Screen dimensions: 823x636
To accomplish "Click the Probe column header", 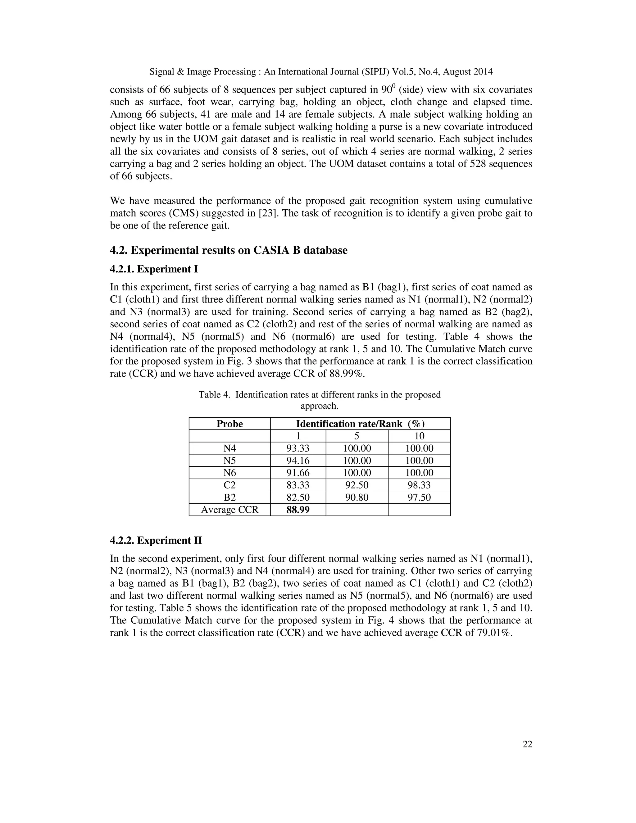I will point(229,424).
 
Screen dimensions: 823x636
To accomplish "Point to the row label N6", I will point(229,473).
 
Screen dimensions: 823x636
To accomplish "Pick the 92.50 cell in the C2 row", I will point(357,485).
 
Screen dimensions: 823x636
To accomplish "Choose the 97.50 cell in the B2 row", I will point(419,498).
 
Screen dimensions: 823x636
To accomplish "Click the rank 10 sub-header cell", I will point(419,436).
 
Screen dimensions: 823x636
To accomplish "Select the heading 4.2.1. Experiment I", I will point(154,269).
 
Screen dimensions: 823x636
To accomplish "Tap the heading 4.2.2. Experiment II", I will point(156,540).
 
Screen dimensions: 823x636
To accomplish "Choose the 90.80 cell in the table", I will point(357,498).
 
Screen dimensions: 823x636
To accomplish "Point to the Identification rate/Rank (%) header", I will point(360,424).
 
